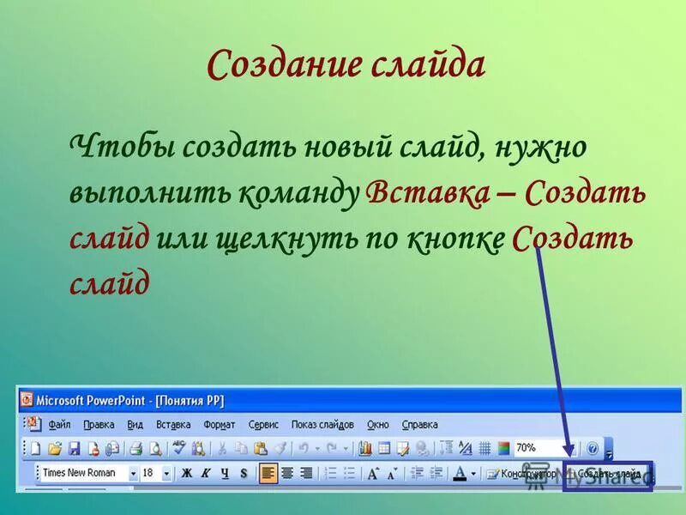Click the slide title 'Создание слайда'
pyautogui.click(x=346, y=65)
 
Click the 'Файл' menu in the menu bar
pyautogui.click(x=59, y=425)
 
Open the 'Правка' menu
pyautogui.click(x=99, y=425)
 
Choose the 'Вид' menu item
pyautogui.click(x=135, y=425)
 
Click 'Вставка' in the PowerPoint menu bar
pyautogui.click(x=173, y=425)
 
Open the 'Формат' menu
pyautogui.click(x=220, y=425)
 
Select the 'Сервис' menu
pyautogui.click(x=263, y=425)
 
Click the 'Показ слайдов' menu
pyautogui.click(x=322, y=425)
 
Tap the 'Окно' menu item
pyautogui.click(x=377, y=425)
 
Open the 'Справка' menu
pyautogui.click(x=420, y=425)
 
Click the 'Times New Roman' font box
pyautogui.click(x=84, y=473)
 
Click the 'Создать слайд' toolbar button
pyautogui.click(x=609, y=473)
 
